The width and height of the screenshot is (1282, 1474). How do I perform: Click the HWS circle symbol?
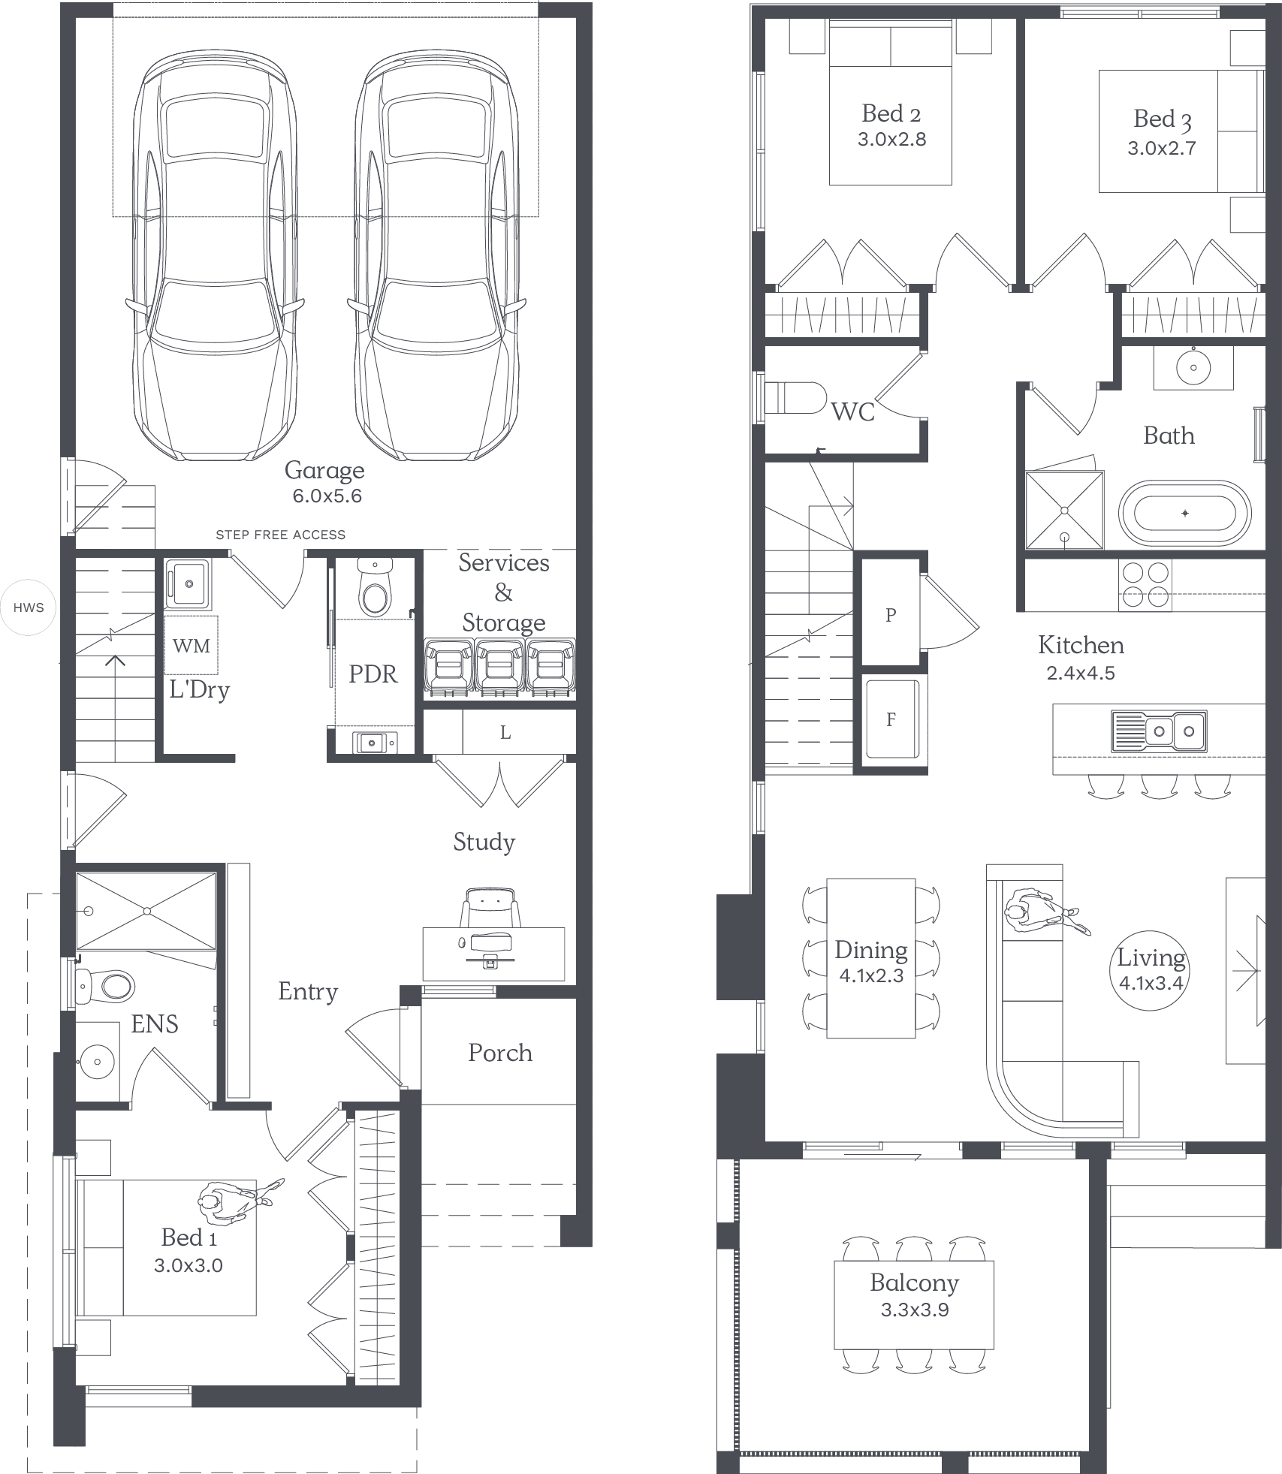pos(29,607)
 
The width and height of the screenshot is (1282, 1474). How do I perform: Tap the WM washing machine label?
pos(192,646)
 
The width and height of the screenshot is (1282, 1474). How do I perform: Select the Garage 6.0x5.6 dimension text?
pos(327,496)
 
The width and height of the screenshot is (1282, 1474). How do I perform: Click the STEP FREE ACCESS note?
pos(281,535)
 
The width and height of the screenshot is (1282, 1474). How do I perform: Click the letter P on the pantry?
pos(891,615)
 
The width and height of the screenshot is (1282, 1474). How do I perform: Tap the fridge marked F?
pos(891,719)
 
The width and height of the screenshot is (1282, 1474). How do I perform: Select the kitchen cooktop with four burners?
pos(1145,585)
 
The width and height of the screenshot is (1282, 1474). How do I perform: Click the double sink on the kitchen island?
pos(1159,731)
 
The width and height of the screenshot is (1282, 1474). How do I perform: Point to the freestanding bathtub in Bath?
pos(1184,514)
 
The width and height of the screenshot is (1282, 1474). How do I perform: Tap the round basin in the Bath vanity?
pos(1193,367)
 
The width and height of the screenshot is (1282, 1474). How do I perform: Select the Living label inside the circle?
pos(1151,957)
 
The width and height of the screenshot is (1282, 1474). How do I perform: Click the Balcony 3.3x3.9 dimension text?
pos(915,1310)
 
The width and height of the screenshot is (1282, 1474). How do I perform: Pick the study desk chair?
pos(491,907)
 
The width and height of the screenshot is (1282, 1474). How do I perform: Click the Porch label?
pos(500,1053)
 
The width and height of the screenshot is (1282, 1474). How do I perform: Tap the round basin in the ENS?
pos(96,1061)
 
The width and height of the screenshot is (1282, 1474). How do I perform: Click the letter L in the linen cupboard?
pos(505,732)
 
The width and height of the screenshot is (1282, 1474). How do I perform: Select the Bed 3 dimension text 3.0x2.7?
pos(1161,148)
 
